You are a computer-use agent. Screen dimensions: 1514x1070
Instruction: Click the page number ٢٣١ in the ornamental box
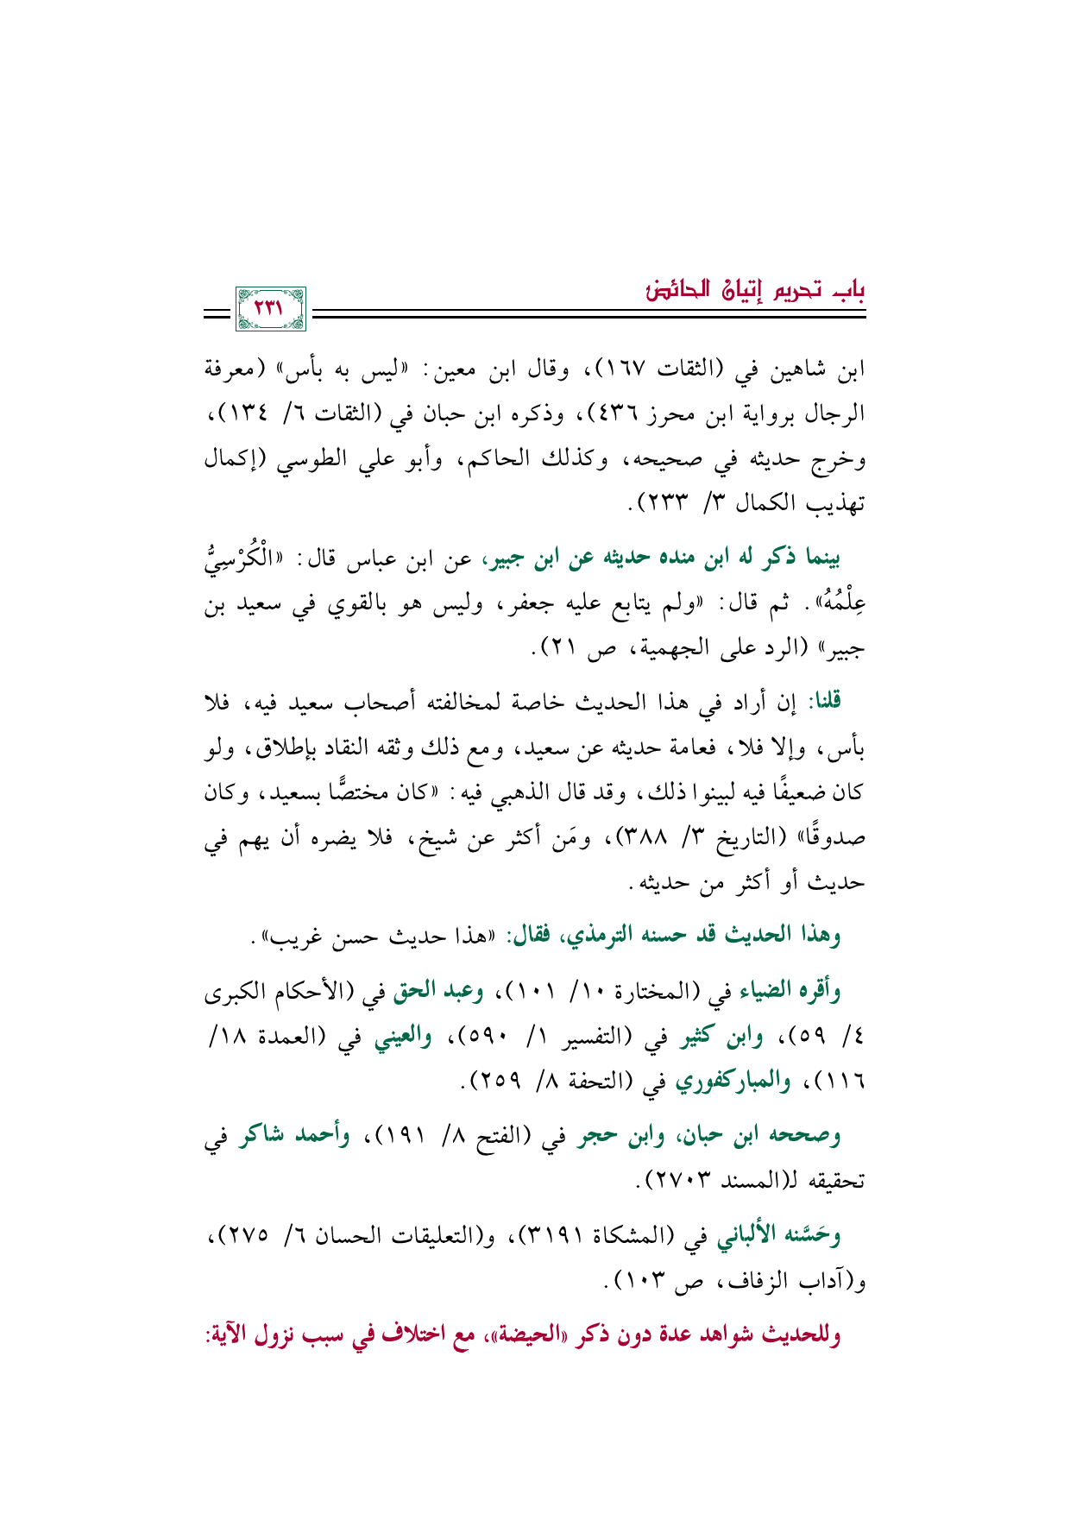coord(270,309)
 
